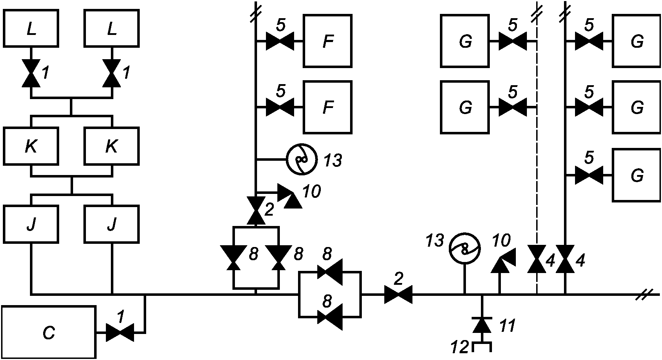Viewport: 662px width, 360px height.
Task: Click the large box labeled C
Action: [49, 332]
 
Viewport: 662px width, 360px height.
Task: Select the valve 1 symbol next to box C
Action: [120, 333]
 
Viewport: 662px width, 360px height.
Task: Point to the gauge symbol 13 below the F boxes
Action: [302, 159]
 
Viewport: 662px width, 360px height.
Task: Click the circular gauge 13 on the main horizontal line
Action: [465, 248]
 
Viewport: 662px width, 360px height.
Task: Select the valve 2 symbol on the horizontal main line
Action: [398, 294]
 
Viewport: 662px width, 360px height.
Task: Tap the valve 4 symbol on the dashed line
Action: [536, 259]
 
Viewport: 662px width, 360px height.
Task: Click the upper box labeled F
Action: [328, 41]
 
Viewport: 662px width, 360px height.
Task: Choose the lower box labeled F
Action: [328, 107]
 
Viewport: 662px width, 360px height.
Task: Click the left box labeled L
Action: [31, 28]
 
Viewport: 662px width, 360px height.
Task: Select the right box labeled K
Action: [112, 146]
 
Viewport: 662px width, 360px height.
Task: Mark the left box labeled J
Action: [31, 223]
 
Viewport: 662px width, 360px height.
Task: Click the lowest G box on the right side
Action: [637, 175]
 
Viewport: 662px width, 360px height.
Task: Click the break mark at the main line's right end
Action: [644, 294]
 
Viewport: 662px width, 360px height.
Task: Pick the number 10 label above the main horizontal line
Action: [501, 241]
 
